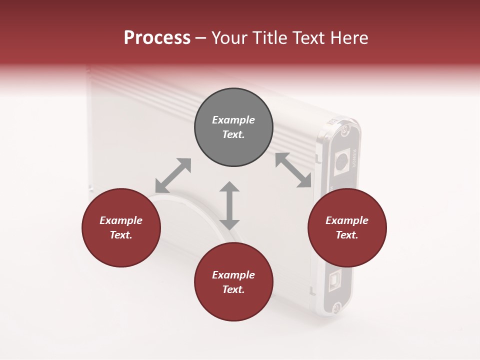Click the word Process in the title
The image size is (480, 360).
click(157, 38)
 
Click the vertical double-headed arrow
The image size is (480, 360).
click(229, 205)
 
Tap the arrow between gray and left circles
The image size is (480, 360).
click(173, 175)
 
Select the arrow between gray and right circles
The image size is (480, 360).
click(293, 170)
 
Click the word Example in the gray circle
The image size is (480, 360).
click(233, 120)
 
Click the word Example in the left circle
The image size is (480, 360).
click(121, 220)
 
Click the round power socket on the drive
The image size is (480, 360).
click(342, 161)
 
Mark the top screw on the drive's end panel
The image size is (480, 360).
click(345, 131)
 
